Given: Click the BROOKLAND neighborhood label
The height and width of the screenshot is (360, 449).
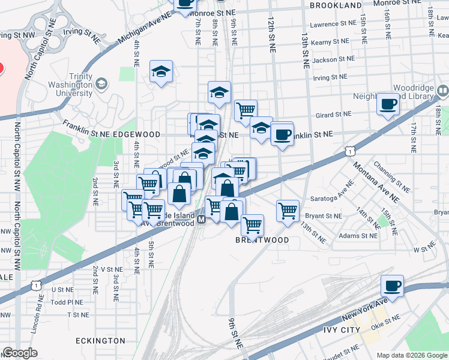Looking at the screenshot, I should [336, 5].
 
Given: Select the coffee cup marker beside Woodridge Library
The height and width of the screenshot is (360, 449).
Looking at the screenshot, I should [388, 104].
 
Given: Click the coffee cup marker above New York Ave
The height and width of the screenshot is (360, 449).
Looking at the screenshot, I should [392, 286].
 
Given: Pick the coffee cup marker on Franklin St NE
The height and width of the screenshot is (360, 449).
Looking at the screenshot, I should [282, 134].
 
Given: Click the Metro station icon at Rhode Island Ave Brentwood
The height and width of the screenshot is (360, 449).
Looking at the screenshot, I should [202, 220].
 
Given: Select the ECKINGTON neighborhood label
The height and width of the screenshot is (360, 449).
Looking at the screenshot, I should [100, 340].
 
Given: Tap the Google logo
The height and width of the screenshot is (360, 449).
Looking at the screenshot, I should [20, 353].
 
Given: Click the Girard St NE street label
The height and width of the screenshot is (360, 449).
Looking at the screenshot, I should [331, 114].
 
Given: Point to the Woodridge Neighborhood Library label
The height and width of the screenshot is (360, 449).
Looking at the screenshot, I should [411, 91].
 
